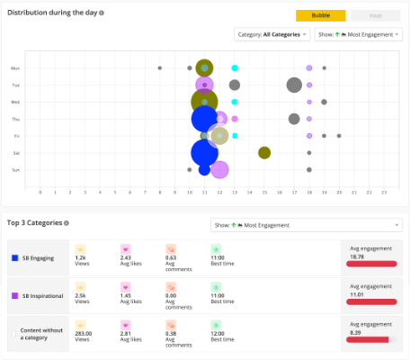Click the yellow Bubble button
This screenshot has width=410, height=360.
click(320, 15)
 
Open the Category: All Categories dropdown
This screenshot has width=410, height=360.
click(268, 34)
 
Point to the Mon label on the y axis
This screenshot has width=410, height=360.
click(15, 67)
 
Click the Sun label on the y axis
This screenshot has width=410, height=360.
click(15, 169)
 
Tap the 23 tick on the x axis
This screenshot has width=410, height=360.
click(384, 192)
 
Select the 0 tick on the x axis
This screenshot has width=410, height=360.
click(40, 192)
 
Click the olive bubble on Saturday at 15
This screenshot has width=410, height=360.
click(264, 153)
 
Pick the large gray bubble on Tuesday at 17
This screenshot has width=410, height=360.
click(294, 85)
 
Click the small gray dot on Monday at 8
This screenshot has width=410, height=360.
click(160, 67)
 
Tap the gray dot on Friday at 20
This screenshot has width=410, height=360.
click(339, 136)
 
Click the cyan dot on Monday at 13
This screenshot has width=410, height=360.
click(235, 67)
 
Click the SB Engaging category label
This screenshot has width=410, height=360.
click(39, 257)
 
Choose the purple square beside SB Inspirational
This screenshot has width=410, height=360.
click(15, 294)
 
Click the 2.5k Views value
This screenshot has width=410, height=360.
click(81, 294)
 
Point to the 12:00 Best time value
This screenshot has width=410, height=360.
click(219, 331)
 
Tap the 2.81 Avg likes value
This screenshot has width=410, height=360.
click(126, 331)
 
